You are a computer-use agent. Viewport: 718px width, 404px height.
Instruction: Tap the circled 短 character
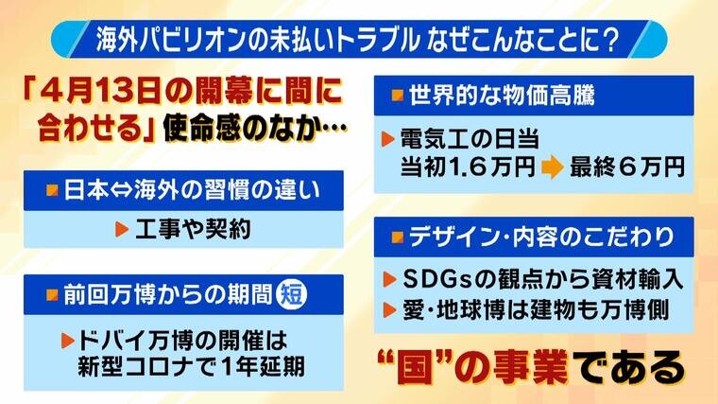click(292, 294)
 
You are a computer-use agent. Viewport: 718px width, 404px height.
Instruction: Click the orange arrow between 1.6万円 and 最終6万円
click(552, 168)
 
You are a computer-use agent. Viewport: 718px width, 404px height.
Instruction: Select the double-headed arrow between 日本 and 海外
click(121, 191)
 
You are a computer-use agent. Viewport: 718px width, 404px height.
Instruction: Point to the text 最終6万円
click(626, 167)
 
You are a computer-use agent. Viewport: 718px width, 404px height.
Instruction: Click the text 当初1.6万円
click(468, 167)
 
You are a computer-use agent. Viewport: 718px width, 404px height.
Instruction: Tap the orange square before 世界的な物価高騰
click(398, 95)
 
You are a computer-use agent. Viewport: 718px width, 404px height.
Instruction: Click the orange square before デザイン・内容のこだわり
click(398, 237)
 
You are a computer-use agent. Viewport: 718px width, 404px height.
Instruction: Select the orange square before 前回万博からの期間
click(52, 294)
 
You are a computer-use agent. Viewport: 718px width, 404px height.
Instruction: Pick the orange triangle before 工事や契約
click(121, 229)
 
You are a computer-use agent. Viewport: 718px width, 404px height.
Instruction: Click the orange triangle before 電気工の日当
click(388, 139)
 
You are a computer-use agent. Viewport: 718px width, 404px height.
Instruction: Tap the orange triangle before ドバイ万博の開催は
click(67, 341)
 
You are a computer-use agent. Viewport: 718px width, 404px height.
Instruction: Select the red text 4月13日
click(102, 91)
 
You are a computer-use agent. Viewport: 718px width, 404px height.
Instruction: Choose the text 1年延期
click(263, 367)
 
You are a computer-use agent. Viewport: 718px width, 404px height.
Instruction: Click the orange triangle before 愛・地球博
click(389, 310)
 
